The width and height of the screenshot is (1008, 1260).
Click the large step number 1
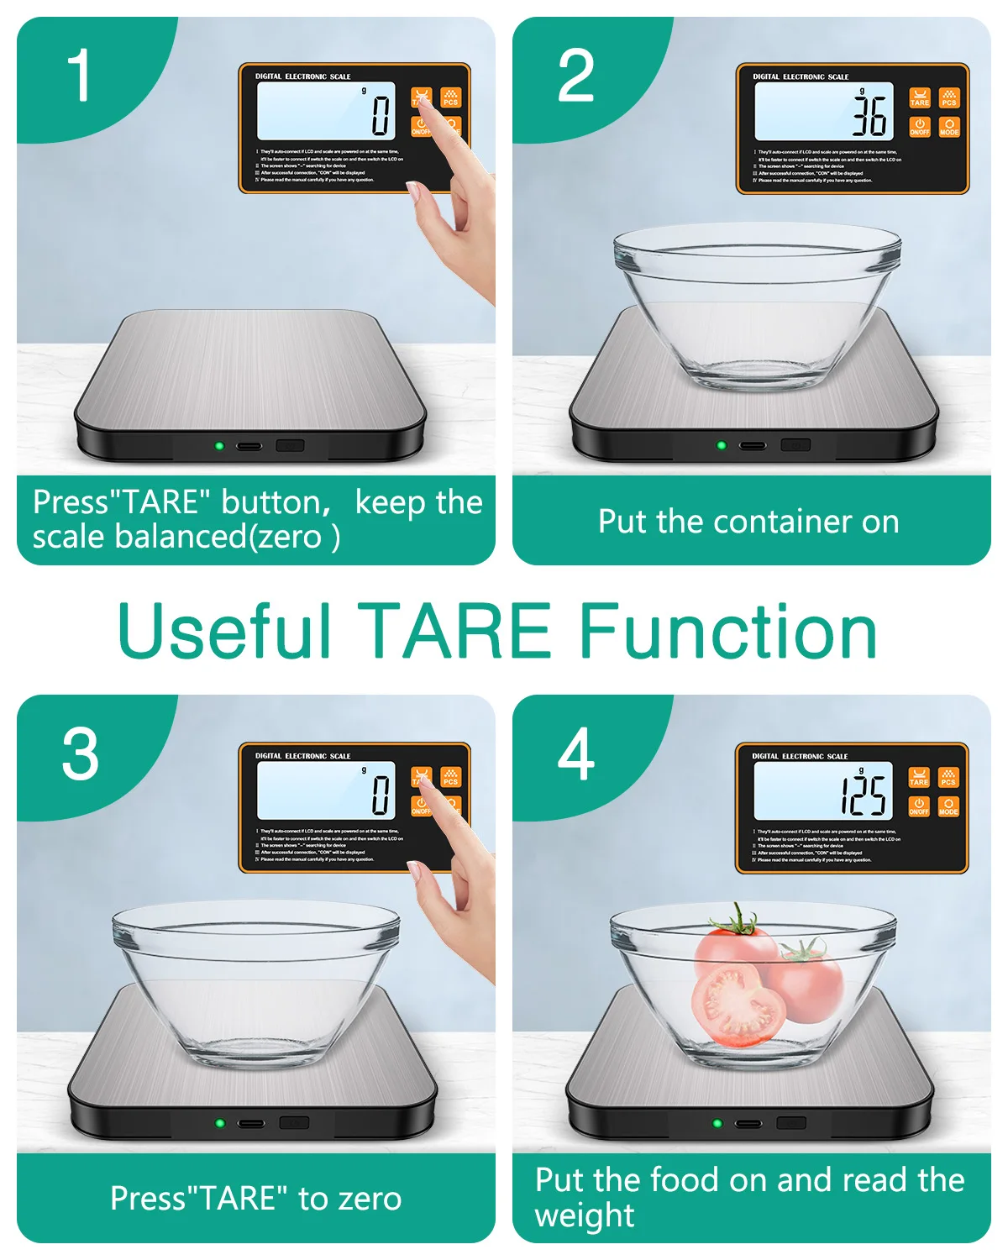point(79,76)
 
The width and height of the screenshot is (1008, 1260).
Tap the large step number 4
point(576,754)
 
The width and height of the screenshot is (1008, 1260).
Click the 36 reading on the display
point(869,115)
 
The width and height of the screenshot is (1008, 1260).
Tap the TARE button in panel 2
point(920,98)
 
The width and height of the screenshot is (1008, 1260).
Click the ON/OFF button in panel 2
point(920,127)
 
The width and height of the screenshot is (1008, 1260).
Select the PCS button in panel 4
point(948,777)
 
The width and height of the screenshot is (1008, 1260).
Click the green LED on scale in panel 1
point(219,445)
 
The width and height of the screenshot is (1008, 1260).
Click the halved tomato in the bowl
point(737,1005)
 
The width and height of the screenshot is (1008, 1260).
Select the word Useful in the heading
point(225,632)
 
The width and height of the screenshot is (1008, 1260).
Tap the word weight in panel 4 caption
point(585,1215)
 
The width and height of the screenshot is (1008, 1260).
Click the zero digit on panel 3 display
point(381,795)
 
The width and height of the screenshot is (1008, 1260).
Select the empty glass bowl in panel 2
point(756,302)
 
